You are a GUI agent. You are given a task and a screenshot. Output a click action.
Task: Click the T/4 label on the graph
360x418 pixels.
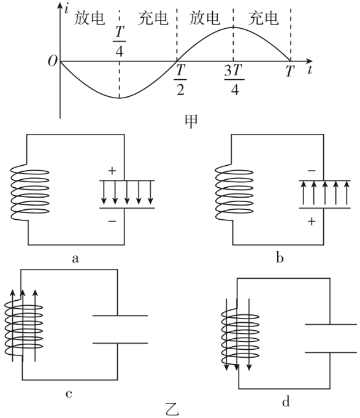tap(119, 41)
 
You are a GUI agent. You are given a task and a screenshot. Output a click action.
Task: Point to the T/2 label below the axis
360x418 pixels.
tap(180, 79)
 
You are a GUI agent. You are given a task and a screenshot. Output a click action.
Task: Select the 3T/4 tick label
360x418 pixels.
tap(234, 79)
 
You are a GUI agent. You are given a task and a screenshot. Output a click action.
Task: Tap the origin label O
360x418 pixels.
tap(53, 61)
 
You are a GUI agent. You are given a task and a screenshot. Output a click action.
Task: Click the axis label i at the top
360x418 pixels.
tap(66, 9)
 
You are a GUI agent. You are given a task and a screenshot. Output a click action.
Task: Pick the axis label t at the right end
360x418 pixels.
tap(310, 70)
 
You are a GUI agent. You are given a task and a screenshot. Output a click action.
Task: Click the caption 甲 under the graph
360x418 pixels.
tap(191, 122)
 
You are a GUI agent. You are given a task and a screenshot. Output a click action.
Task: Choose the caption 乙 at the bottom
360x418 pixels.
tap(172, 410)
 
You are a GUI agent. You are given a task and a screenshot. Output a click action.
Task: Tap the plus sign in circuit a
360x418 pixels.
tap(112, 171)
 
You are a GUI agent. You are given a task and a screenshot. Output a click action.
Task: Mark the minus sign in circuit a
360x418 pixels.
tap(112, 221)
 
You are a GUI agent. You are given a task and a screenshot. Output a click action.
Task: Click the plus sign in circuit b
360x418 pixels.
tap(312, 221)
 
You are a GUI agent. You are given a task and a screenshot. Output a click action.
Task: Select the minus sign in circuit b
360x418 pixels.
tap(312, 171)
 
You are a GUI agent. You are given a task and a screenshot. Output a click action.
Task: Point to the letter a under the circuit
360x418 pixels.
tap(75, 258)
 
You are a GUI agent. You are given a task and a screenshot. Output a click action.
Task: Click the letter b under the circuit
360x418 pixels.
tap(280, 258)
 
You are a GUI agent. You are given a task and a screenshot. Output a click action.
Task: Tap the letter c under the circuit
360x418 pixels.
tap(69, 393)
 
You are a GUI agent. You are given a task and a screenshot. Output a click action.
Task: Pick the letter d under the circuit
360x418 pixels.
tap(286, 401)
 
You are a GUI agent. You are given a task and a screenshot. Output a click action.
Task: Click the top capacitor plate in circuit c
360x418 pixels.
tap(120, 315)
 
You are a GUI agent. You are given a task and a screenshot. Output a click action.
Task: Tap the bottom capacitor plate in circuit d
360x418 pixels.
tap(331, 352)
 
